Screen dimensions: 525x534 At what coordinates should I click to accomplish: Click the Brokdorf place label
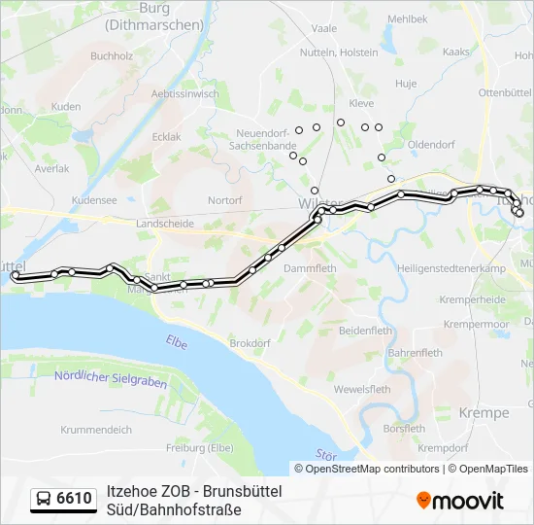point(250,343)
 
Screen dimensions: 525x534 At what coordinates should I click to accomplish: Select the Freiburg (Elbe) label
point(199,447)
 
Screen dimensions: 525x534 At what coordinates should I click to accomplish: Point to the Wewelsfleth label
point(362,389)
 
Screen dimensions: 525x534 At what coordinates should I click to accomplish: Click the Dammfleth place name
point(311,268)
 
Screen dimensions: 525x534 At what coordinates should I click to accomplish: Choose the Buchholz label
point(111,56)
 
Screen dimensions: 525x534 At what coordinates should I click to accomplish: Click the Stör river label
point(325,454)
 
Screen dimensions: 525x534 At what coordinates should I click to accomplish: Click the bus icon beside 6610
point(45,499)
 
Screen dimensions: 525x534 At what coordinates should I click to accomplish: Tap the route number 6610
point(75,499)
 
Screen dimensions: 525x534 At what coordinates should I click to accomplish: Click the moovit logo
point(460,501)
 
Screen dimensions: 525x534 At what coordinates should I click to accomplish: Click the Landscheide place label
point(165,224)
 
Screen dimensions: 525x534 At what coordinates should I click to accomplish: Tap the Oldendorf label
point(431,144)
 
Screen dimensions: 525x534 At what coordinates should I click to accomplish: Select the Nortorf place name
point(224,200)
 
